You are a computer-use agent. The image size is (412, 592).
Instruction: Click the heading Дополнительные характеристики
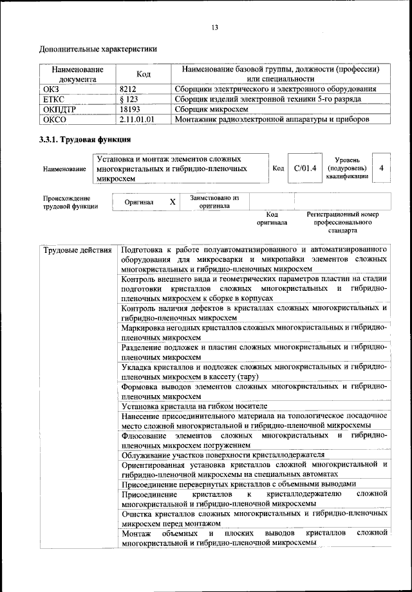(98, 48)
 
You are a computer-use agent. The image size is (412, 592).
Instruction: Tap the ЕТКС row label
(53, 99)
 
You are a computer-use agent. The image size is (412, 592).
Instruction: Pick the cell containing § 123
(130, 99)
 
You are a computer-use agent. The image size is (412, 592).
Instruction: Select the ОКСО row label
(54, 120)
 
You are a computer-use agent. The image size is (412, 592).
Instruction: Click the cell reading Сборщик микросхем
(213, 109)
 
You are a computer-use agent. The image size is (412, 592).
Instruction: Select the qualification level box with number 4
(382, 169)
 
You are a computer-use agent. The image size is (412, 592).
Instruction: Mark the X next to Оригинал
(172, 202)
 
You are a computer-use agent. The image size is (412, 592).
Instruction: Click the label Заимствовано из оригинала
(214, 202)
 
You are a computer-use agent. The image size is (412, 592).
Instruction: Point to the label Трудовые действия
(78, 250)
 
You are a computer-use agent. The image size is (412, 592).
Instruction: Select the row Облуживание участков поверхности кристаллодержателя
(222, 454)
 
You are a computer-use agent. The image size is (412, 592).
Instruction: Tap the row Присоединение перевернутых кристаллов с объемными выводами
(238, 484)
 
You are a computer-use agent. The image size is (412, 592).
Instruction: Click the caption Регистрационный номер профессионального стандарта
(342, 221)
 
